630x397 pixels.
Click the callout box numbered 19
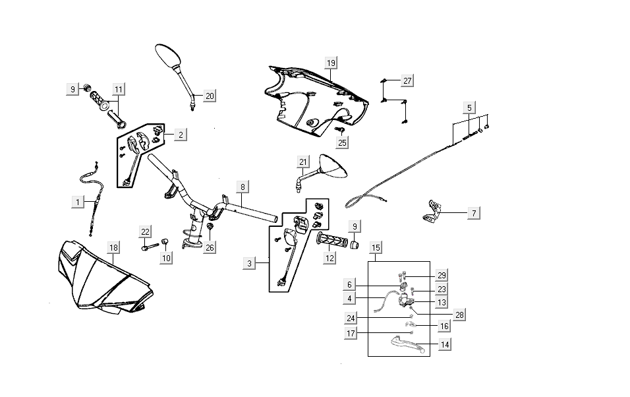point(331,63)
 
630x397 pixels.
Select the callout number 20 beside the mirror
point(209,96)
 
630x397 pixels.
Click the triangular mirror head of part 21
point(332,167)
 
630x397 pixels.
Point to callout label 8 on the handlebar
point(243,187)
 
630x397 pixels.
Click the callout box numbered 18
point(113,247)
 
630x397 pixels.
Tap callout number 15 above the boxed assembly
point(376,247)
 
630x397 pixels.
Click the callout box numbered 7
point(473,213)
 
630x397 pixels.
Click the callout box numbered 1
point(78,201)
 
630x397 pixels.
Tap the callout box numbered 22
point(146,231)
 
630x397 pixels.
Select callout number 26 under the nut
point(210,248)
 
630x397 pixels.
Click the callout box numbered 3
point(250,264)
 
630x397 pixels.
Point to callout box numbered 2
point(181,135)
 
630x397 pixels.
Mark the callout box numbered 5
point(469,107)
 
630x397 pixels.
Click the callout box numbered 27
point(407,80)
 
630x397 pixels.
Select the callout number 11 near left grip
point(118,89)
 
